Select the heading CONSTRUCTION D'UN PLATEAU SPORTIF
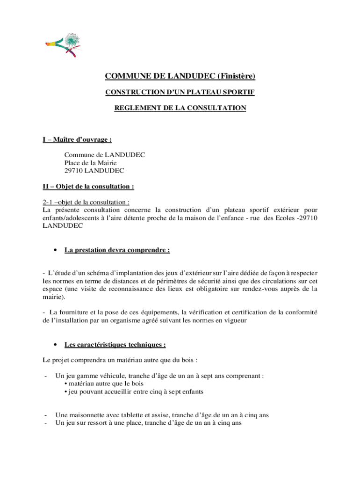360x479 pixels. tap(180, 93)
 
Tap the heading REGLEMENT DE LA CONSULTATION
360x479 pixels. tap(180, 108)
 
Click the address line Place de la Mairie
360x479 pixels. tap(90, 163)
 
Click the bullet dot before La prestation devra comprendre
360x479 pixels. tap(56, 250)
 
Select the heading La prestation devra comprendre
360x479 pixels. tap(117, 250)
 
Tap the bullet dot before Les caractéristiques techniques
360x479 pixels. tap(56, 345)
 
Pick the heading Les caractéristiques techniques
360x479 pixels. tap(115, 345)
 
